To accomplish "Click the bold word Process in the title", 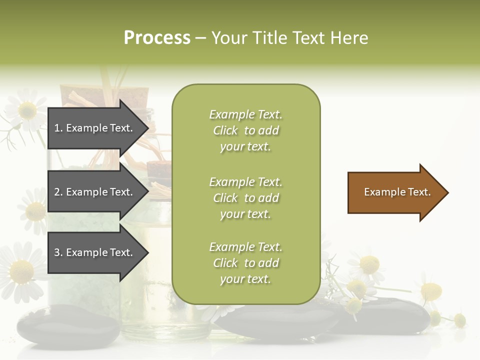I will [x=157, y=38].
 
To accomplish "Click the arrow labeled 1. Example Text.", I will [x=95, y=128].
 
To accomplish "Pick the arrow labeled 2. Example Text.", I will [x=95, y=192].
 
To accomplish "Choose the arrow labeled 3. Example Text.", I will [x=95, y=252].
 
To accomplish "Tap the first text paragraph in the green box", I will [x=245, y=130].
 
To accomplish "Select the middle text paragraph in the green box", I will [x=245, y=198].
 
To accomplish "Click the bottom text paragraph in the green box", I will [x=245, y=263].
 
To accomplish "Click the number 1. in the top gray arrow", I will [x=58, y=128].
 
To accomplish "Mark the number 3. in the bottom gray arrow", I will [x=58, y=252].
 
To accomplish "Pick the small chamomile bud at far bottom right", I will [x=459, y=320].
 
